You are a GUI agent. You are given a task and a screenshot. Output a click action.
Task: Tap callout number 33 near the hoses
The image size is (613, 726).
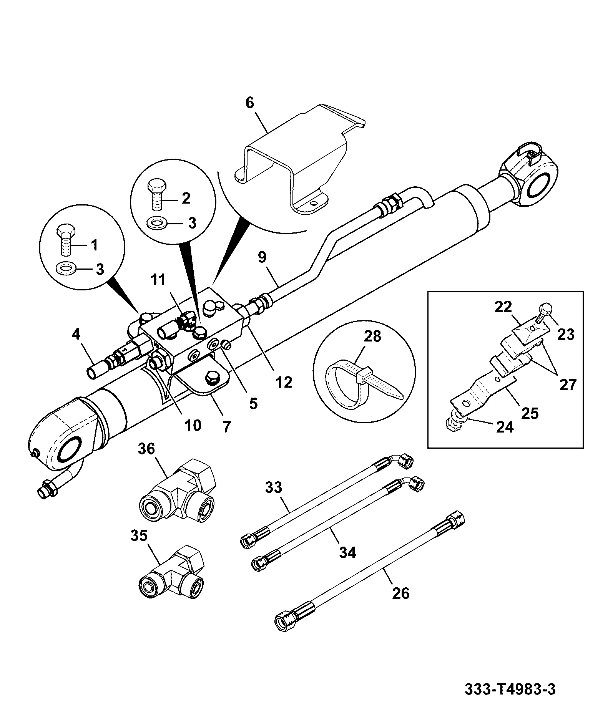click(273, 487)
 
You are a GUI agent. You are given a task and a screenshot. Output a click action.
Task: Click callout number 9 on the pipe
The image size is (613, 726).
click(262, 257)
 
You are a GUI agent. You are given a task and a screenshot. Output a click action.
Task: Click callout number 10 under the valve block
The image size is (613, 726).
click(193, 425)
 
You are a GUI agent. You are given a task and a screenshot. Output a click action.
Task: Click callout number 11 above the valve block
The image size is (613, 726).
click(158, 280)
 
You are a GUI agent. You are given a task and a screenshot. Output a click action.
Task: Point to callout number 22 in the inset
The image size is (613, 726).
click(503, 307)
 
